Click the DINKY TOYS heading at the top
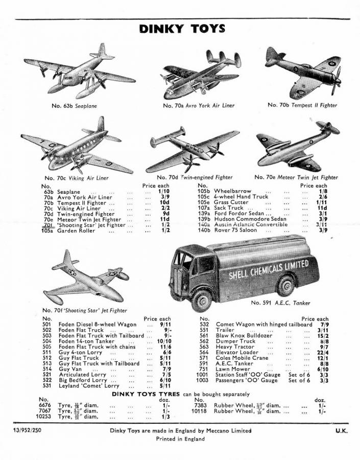click(x=182, y=29)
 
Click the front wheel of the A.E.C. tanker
click(x=202, y=300)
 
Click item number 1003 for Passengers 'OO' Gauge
click(x=203, y=380)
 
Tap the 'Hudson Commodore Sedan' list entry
click(x=244, y=218)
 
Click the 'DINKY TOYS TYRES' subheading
click(x=146, y=394)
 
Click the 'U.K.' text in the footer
click(x=341, y=430)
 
